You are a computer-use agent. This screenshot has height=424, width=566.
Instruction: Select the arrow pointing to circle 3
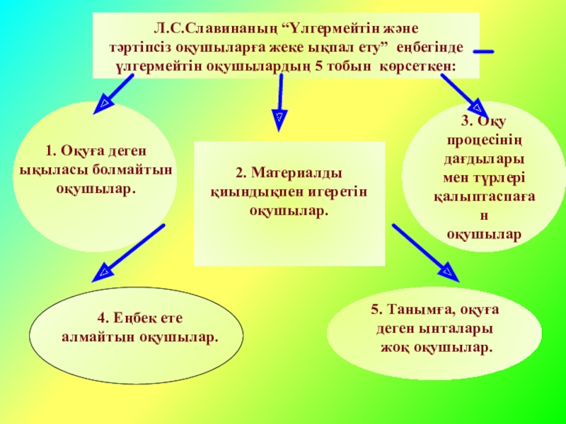(x=464, y=96)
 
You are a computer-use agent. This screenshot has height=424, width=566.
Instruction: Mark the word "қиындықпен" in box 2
(x=247, y=192)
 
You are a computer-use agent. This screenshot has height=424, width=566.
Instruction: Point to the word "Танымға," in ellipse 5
(x=419, y=310)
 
